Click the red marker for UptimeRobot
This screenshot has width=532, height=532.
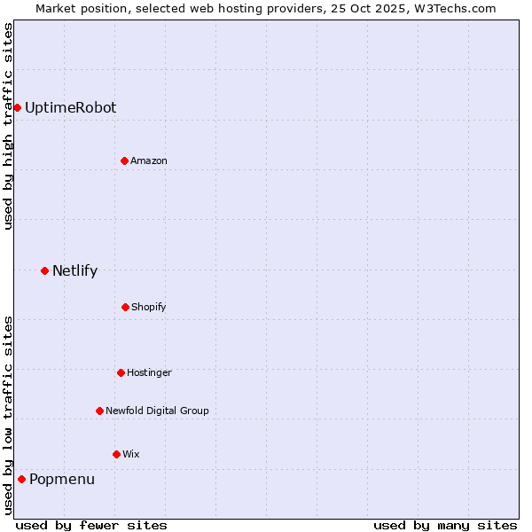[17, 107]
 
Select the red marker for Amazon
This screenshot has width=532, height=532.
[124, 160]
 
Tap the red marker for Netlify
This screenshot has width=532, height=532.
[44, 270]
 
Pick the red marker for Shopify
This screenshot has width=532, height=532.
[125, 307]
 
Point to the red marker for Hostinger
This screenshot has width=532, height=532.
[121, 372]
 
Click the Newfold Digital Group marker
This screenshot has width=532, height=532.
[99, 411]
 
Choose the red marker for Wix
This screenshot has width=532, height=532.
[116, 454]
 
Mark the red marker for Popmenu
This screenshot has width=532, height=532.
[21, 479]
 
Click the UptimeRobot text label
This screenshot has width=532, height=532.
[70, 107]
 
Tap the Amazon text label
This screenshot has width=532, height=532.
[149, 160]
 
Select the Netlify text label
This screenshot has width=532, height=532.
[74, 270]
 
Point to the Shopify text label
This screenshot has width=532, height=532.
[149, 307]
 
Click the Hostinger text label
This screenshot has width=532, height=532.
[149, 372]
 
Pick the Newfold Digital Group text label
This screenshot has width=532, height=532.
[157, 411]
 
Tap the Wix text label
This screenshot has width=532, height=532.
[131, 454]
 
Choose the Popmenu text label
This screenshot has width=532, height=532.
[62, 479]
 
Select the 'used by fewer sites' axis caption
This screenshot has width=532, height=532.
[91, 525]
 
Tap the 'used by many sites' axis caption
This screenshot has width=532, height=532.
[445, 525]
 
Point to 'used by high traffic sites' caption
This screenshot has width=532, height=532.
[8, 126]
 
